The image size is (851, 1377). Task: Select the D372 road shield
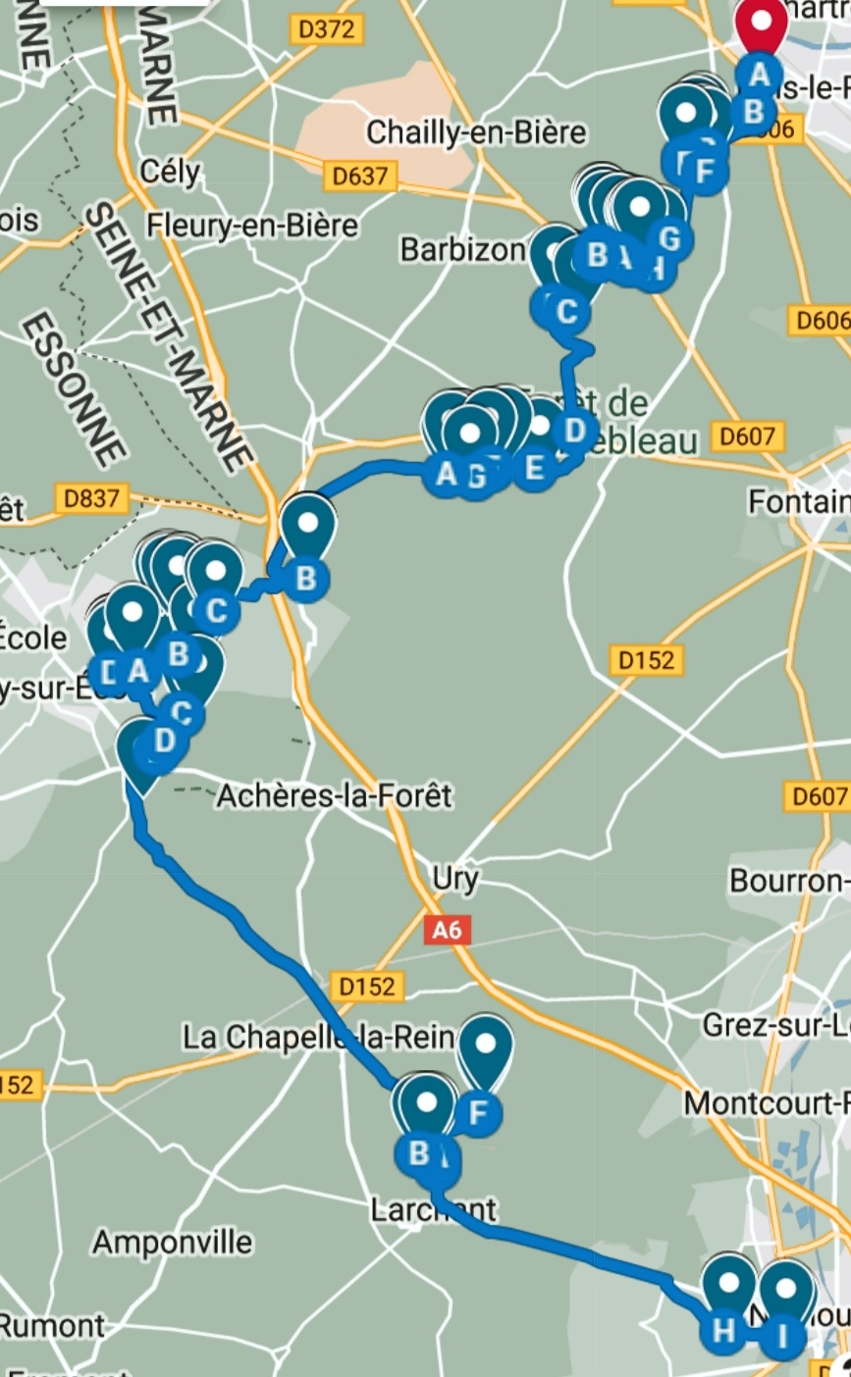[326, 29]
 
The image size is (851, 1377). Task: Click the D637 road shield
[360, 177]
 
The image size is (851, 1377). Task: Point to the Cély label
[169, 173]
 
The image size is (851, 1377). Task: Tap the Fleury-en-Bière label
[252, 226]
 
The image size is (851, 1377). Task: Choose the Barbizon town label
[462, 250]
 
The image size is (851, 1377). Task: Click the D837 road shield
[91, 498]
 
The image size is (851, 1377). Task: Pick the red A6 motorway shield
[447, 930]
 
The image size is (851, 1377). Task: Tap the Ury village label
[455, 879]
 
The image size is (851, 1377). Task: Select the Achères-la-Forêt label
[334, 795]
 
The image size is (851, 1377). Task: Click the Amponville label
[172, 1243]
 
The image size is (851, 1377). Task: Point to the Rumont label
[51, 1326]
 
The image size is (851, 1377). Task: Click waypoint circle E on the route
[534, 467]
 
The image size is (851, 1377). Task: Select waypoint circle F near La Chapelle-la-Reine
[479, 1113]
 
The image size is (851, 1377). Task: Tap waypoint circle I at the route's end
[782, 1336]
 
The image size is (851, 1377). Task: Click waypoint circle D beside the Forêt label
[574, 430]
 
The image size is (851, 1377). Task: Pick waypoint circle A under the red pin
[759, 73]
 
